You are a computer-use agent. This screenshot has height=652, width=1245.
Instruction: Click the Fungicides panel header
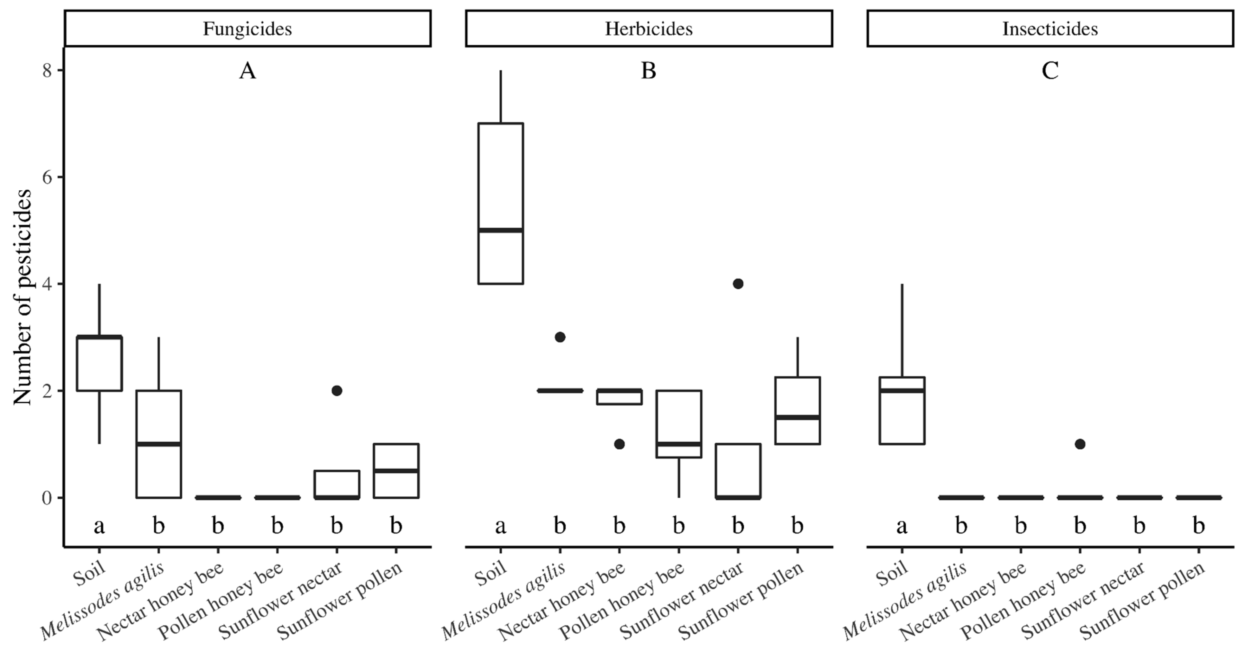click(248, 29)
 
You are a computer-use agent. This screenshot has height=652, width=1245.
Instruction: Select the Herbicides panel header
click(649, 29)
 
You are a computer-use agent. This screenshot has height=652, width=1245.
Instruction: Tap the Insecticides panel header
click(1050, 29)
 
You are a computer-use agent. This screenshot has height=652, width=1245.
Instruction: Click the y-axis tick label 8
click(47, 71)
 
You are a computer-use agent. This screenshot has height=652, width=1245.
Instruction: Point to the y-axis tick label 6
click(47, 177)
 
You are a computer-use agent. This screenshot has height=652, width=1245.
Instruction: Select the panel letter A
click(248, 71)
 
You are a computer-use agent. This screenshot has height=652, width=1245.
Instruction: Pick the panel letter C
click(1050, 71)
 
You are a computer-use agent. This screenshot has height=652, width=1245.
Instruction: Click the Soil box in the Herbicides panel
click(501, 203)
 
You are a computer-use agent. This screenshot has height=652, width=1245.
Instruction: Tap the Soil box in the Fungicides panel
click(100, 363)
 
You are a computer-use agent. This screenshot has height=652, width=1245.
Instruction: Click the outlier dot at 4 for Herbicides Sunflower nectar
click(738, 284)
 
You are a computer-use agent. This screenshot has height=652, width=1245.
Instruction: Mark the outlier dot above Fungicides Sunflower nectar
click(337, 391)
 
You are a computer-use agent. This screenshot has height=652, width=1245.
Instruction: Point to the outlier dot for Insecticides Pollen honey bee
click(1080, 444)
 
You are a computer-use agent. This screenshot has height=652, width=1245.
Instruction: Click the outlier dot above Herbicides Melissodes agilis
click(560, 337)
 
